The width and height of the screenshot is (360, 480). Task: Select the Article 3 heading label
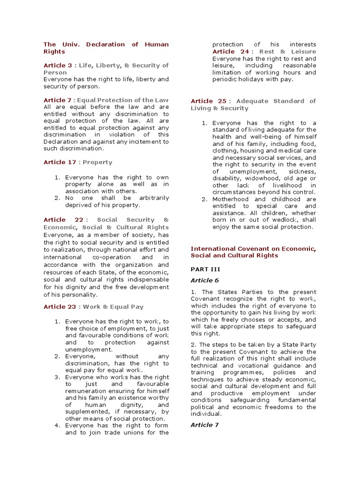tap(58, 66)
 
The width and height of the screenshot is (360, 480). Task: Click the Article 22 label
tap(63, 220)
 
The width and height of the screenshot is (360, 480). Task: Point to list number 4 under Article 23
tap(56, 426)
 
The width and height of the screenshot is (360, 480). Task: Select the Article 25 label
tap(209, 101)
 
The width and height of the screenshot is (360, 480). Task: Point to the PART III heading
tap(205, 270)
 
